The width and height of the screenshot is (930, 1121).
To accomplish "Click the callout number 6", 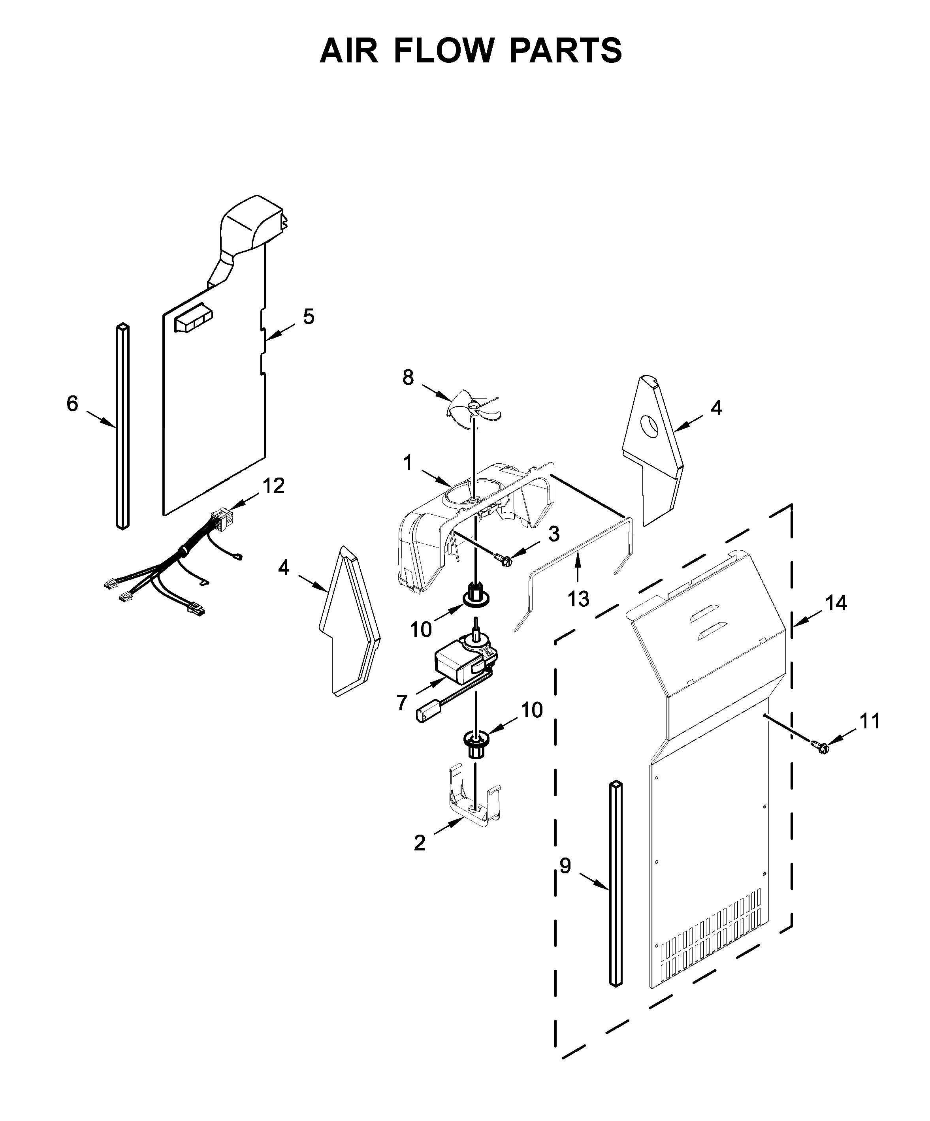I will pos(72,404).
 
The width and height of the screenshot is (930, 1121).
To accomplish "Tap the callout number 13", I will pos(578,600).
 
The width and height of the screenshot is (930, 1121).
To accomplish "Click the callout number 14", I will pos(836,603).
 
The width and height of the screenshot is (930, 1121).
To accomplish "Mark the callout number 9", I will pos(565,866).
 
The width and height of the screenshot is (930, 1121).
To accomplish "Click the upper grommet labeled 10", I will pos(476,594).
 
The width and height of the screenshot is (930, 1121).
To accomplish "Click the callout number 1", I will pos(408,463).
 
